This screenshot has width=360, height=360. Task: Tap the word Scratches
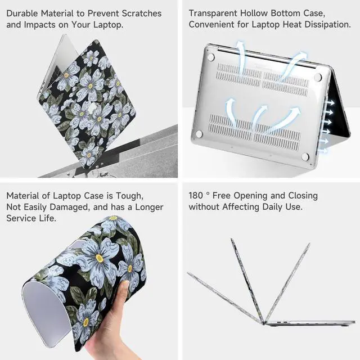point(141,13)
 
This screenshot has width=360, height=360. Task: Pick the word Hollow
point(257,13)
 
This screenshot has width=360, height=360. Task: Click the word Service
point(22,219)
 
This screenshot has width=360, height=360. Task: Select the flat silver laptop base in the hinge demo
point(309,323)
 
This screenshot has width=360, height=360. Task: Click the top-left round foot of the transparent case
point(210,57)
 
